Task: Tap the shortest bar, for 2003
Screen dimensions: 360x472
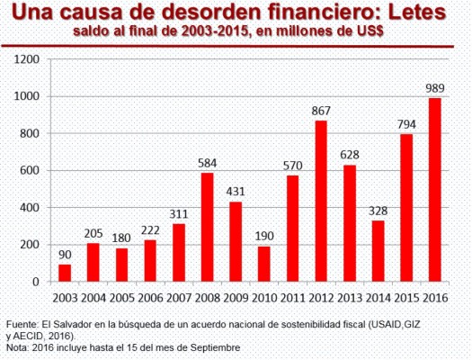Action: (x=65, y=273)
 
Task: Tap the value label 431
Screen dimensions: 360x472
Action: (x=235, y=191)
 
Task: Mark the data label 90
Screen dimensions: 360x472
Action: (x=65, y=255)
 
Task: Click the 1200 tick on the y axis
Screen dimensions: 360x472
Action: (x=27, y=59)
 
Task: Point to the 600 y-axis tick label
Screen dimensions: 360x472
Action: (x=30, y=170)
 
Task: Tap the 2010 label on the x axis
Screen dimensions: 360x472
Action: (x=263, y=298)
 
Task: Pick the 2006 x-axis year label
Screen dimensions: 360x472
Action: (x=150, y=298)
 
